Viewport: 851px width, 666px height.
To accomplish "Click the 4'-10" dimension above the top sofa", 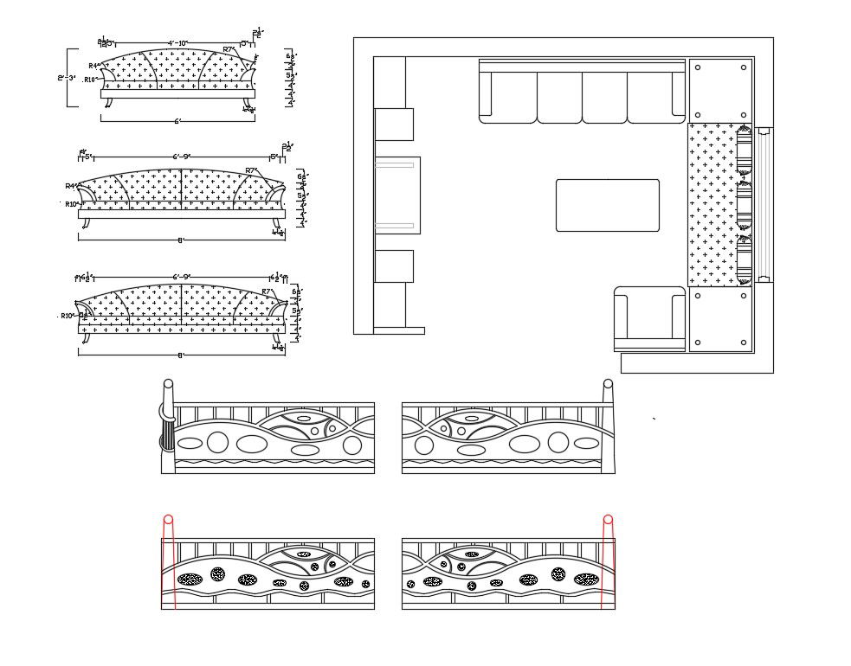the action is [178, 42].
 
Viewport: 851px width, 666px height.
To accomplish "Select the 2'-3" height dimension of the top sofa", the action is [67, 78].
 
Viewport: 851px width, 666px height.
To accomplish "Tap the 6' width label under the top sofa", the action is [177, 122].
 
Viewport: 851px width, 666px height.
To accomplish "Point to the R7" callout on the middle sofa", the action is [251, 170].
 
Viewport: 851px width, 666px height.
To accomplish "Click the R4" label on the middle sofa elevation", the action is [70, 186].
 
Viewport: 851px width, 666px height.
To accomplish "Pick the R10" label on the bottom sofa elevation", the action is [68, 316].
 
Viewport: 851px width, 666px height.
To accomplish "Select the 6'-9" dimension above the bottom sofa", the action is [182, 277].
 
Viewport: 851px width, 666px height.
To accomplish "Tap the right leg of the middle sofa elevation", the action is [276, 225].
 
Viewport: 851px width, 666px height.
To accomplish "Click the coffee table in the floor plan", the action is [607, 205].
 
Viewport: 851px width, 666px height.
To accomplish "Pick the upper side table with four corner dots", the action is [720, 91].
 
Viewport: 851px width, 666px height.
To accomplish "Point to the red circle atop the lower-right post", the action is [608, 520].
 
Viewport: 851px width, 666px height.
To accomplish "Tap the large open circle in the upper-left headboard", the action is [218, 444].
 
